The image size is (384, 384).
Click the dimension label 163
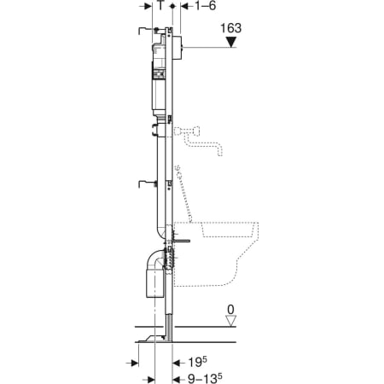[x=231, y=28]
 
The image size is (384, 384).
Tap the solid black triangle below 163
[x=231, y=42]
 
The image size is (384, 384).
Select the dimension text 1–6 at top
[x=206, y=6]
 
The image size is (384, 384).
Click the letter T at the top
[x=161, y=5]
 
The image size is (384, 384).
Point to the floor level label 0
[x=230, y=310]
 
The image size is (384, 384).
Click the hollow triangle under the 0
[x=230, y=321]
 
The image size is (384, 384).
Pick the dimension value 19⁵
[x=198, y=362]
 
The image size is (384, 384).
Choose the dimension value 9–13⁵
[x=205, y=378]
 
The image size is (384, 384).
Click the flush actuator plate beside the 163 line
[x=177, y=48]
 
